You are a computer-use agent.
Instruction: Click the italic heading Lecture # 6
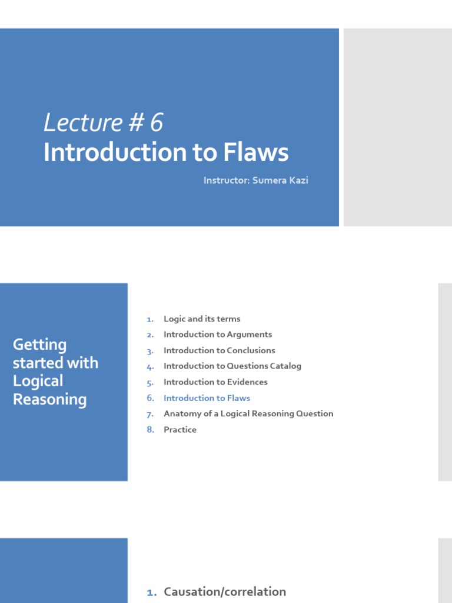103,123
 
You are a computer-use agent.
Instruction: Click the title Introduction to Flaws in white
166,153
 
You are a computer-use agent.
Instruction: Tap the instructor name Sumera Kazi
281,180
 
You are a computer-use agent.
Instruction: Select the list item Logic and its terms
202,319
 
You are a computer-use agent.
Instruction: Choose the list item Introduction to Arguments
218,334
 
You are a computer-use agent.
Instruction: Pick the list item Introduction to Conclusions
219,350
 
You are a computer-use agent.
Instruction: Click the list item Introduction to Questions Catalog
232,366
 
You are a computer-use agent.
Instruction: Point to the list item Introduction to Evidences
215,382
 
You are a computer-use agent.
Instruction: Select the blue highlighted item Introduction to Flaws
207,398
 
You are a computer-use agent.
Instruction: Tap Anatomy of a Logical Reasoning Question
248,413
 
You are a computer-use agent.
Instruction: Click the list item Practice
180,429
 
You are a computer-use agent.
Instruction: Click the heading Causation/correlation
225,592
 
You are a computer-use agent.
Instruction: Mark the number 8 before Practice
150,429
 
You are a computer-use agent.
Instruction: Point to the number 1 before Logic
150,319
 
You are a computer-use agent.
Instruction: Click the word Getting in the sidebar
39,345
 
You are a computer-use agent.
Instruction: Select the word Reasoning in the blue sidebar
49,400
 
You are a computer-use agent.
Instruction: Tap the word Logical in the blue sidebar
38,382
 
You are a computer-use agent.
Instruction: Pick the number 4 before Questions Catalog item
150,366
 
